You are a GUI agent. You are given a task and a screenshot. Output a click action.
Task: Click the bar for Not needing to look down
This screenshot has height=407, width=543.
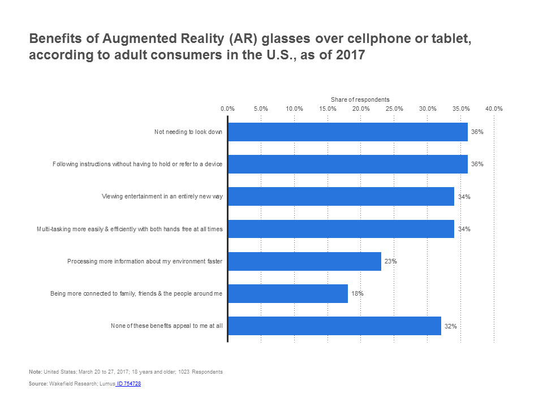(347, 132)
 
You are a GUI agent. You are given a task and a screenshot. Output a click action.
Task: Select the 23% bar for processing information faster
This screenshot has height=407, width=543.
(304, 262)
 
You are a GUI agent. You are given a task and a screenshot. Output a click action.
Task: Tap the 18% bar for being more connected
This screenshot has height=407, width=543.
(287, 294)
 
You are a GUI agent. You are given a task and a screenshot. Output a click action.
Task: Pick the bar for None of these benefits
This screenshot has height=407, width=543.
(334, 326)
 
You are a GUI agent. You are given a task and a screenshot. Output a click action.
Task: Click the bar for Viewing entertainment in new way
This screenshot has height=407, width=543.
(341, 197)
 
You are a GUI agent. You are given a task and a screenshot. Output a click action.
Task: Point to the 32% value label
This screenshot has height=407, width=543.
(450, 326)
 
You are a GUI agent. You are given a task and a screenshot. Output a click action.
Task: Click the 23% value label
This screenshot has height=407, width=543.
(390, 262)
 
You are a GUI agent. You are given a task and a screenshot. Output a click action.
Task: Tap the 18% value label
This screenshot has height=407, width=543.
(357, 294)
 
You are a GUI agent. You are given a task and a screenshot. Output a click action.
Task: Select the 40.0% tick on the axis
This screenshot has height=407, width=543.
(494, 109)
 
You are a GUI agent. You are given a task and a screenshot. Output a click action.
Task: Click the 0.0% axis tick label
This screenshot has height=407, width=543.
(227, 109)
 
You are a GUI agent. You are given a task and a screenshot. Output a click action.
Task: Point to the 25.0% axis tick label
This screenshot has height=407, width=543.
(394, 109)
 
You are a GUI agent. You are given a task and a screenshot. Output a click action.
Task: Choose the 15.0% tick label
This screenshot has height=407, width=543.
(327, 109)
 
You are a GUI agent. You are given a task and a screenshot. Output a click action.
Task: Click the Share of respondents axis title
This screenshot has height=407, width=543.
(360, 99)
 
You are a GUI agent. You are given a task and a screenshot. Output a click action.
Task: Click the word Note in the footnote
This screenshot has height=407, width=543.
(35, 371)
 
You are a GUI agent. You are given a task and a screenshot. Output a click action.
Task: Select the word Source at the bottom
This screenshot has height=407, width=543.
(37, 384)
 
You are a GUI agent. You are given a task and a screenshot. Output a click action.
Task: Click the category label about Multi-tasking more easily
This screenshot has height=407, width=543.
(130, 229)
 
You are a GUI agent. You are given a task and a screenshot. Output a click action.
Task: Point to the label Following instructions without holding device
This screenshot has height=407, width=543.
(137, 164)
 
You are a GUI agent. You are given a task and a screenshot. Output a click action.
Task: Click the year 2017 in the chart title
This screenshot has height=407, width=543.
(350, 56)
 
